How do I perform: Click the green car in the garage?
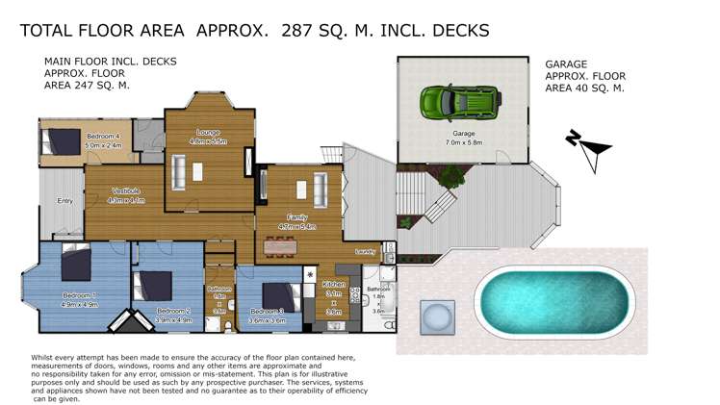pos(459,100)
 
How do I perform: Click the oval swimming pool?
pos(556,298)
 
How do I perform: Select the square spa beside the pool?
pos(435,315)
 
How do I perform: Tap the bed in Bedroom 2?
pos(152,286)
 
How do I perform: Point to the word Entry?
pos(65,201)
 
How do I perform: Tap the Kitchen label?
pos(334,286)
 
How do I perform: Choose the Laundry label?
pos(364,252)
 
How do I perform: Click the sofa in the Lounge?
pos(179,172)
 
